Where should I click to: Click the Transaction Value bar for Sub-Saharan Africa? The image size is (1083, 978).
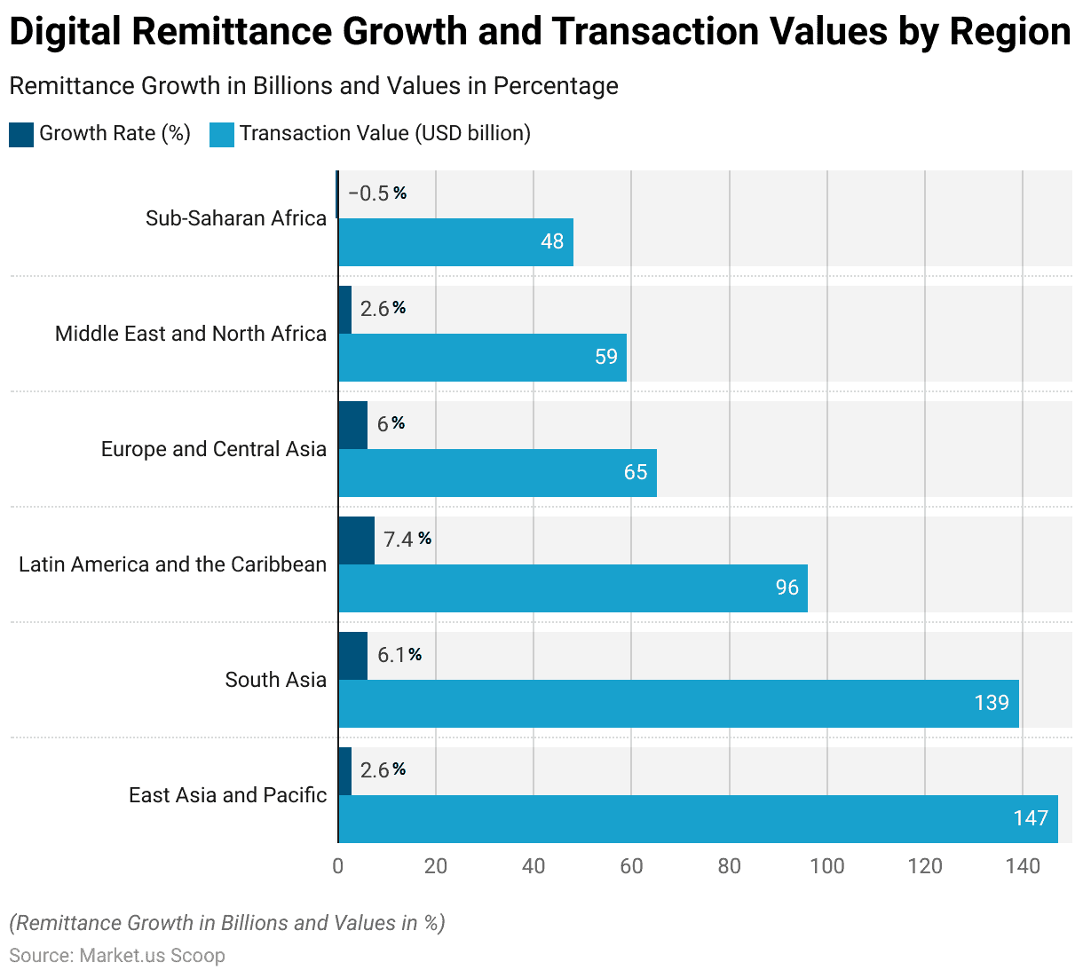click(x=455, y=242)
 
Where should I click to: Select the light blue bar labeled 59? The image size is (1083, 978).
click(x=482, y=358)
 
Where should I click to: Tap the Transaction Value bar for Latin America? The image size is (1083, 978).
click(x=573, y=588)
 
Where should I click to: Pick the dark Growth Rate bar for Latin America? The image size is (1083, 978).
click(x=356, y=540)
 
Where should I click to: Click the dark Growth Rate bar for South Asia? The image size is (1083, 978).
click(x=352, y=656)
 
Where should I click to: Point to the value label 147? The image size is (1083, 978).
click(x=1031, y=818)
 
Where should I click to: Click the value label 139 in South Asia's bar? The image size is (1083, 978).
click(x=992, y=703)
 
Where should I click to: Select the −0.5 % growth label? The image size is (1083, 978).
click(x=376, y=193)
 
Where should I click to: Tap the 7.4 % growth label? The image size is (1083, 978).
click(x=407, y=540)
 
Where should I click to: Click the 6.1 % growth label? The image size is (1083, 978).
click(x=399, y=655)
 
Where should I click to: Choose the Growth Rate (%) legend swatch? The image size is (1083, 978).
click(x=21, y=134)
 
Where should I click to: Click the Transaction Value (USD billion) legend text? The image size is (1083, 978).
click(x=384, y=133)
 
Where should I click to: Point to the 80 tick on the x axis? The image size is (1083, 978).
click(x=729, y=866)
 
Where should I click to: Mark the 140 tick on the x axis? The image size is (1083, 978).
click(x=1023, y=866)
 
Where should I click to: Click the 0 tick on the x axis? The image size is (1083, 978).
click(x=337, y=866)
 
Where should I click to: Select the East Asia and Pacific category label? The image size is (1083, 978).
click(x=227, y=795)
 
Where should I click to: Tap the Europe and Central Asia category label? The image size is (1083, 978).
click(x=213, y=449)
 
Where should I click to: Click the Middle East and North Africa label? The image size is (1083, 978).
click(x=191, y=334)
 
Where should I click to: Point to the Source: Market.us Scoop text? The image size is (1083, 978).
click(x=117, y=956)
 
